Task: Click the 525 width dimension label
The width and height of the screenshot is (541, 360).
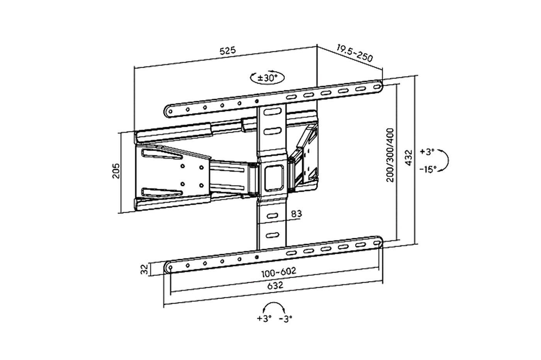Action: click(x=228, y=51)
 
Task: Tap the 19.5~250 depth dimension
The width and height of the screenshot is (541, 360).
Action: click(x=354, y=53)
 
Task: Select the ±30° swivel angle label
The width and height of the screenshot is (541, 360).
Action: click(x=267, y=78)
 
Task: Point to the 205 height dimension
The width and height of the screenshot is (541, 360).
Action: click(x=116, y=171)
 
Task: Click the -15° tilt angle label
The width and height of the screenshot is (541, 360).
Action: click(x=428, y=169)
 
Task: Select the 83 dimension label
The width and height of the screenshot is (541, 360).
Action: click(x=296, y=214)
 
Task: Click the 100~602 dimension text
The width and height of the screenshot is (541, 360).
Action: click(x=279, y=272)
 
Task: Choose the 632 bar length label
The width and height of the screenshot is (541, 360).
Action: click(x=275, y=285)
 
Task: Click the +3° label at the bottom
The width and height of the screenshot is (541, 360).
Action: click(x=264, y=319)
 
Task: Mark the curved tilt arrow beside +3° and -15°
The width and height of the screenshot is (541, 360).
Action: click(x=445, y=160)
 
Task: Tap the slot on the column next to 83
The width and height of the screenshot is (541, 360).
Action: click(x=272, y=215)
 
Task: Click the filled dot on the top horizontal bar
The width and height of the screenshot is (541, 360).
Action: click(x=257, y=101)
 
